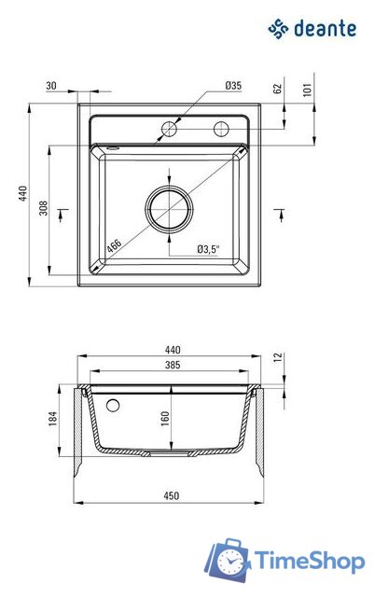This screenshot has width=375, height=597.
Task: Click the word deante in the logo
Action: (x=325, y=29)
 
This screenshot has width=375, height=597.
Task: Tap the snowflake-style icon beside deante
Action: (x=278, y=30)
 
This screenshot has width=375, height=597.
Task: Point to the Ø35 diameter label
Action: (x=233, y=85)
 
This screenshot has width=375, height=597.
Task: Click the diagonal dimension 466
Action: (x=114, y=245)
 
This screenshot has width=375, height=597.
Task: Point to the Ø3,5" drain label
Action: (x=207, y=249)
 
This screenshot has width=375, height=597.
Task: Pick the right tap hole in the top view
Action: (x=222, y=128)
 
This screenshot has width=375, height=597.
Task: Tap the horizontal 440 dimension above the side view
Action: (x=173, y=350)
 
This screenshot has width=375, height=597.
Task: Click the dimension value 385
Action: (x=173, y=364)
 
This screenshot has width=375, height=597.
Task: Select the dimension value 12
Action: (x=277, y=357)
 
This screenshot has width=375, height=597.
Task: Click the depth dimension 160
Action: (x=164, y=420)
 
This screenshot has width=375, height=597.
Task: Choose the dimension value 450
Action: (x=173, y=495)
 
